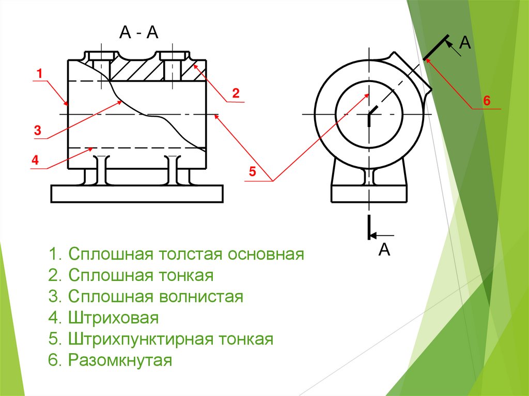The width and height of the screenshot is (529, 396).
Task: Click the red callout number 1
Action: point(39,74)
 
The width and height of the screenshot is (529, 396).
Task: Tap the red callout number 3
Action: point(37,131)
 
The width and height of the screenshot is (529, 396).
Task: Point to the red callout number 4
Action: point(35,161)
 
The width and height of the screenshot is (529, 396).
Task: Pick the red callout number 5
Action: point(252,172)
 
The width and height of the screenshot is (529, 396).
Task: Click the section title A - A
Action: point(138,34)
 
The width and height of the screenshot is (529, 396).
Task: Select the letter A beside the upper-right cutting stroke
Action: point(466,43)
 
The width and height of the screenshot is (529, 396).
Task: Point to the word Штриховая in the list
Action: point(113,318)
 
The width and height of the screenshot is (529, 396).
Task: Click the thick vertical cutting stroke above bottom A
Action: point(369,227)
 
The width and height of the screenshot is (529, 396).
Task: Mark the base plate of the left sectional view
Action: point(137,194)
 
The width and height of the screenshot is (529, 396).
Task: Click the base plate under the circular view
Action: point(369,194)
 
